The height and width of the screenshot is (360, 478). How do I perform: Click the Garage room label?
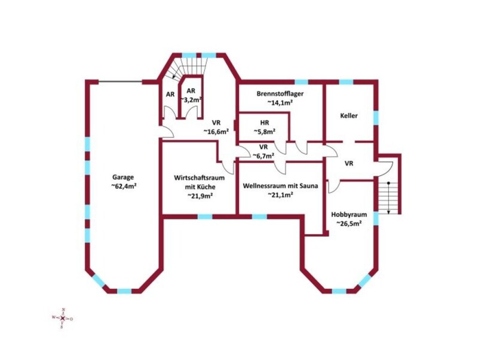tap(123, 177)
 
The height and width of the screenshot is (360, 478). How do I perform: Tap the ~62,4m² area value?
tap(123, 186)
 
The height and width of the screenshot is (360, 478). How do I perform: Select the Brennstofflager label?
tap(280, 94)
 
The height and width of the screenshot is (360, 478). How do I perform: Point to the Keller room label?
tap(349, 116)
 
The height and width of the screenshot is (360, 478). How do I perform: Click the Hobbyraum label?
tap(349, 215)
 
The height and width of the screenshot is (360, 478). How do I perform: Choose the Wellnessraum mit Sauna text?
tap(280, 186)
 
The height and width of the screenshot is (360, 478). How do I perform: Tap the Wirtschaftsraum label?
tap(200, 178)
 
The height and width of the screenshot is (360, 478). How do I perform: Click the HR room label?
tap(265, 123)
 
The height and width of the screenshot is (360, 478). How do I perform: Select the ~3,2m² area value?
tap(192, 100)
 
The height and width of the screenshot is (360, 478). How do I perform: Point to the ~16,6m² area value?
tap(216, 132)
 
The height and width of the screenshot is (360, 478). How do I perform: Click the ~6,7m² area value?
tap(263, 156)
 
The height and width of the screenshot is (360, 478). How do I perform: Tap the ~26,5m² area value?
tap(349, 223)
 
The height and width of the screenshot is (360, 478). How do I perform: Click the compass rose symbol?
tap(63, 318)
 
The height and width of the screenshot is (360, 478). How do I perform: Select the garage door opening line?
tap(120, 81)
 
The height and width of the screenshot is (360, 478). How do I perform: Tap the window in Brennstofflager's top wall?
tap(301, 82)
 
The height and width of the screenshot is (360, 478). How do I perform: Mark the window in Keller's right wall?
tap(376, 117)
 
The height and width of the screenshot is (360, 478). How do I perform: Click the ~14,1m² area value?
tap(280, 103)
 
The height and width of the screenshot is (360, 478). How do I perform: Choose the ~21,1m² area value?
tap(280, 195)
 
